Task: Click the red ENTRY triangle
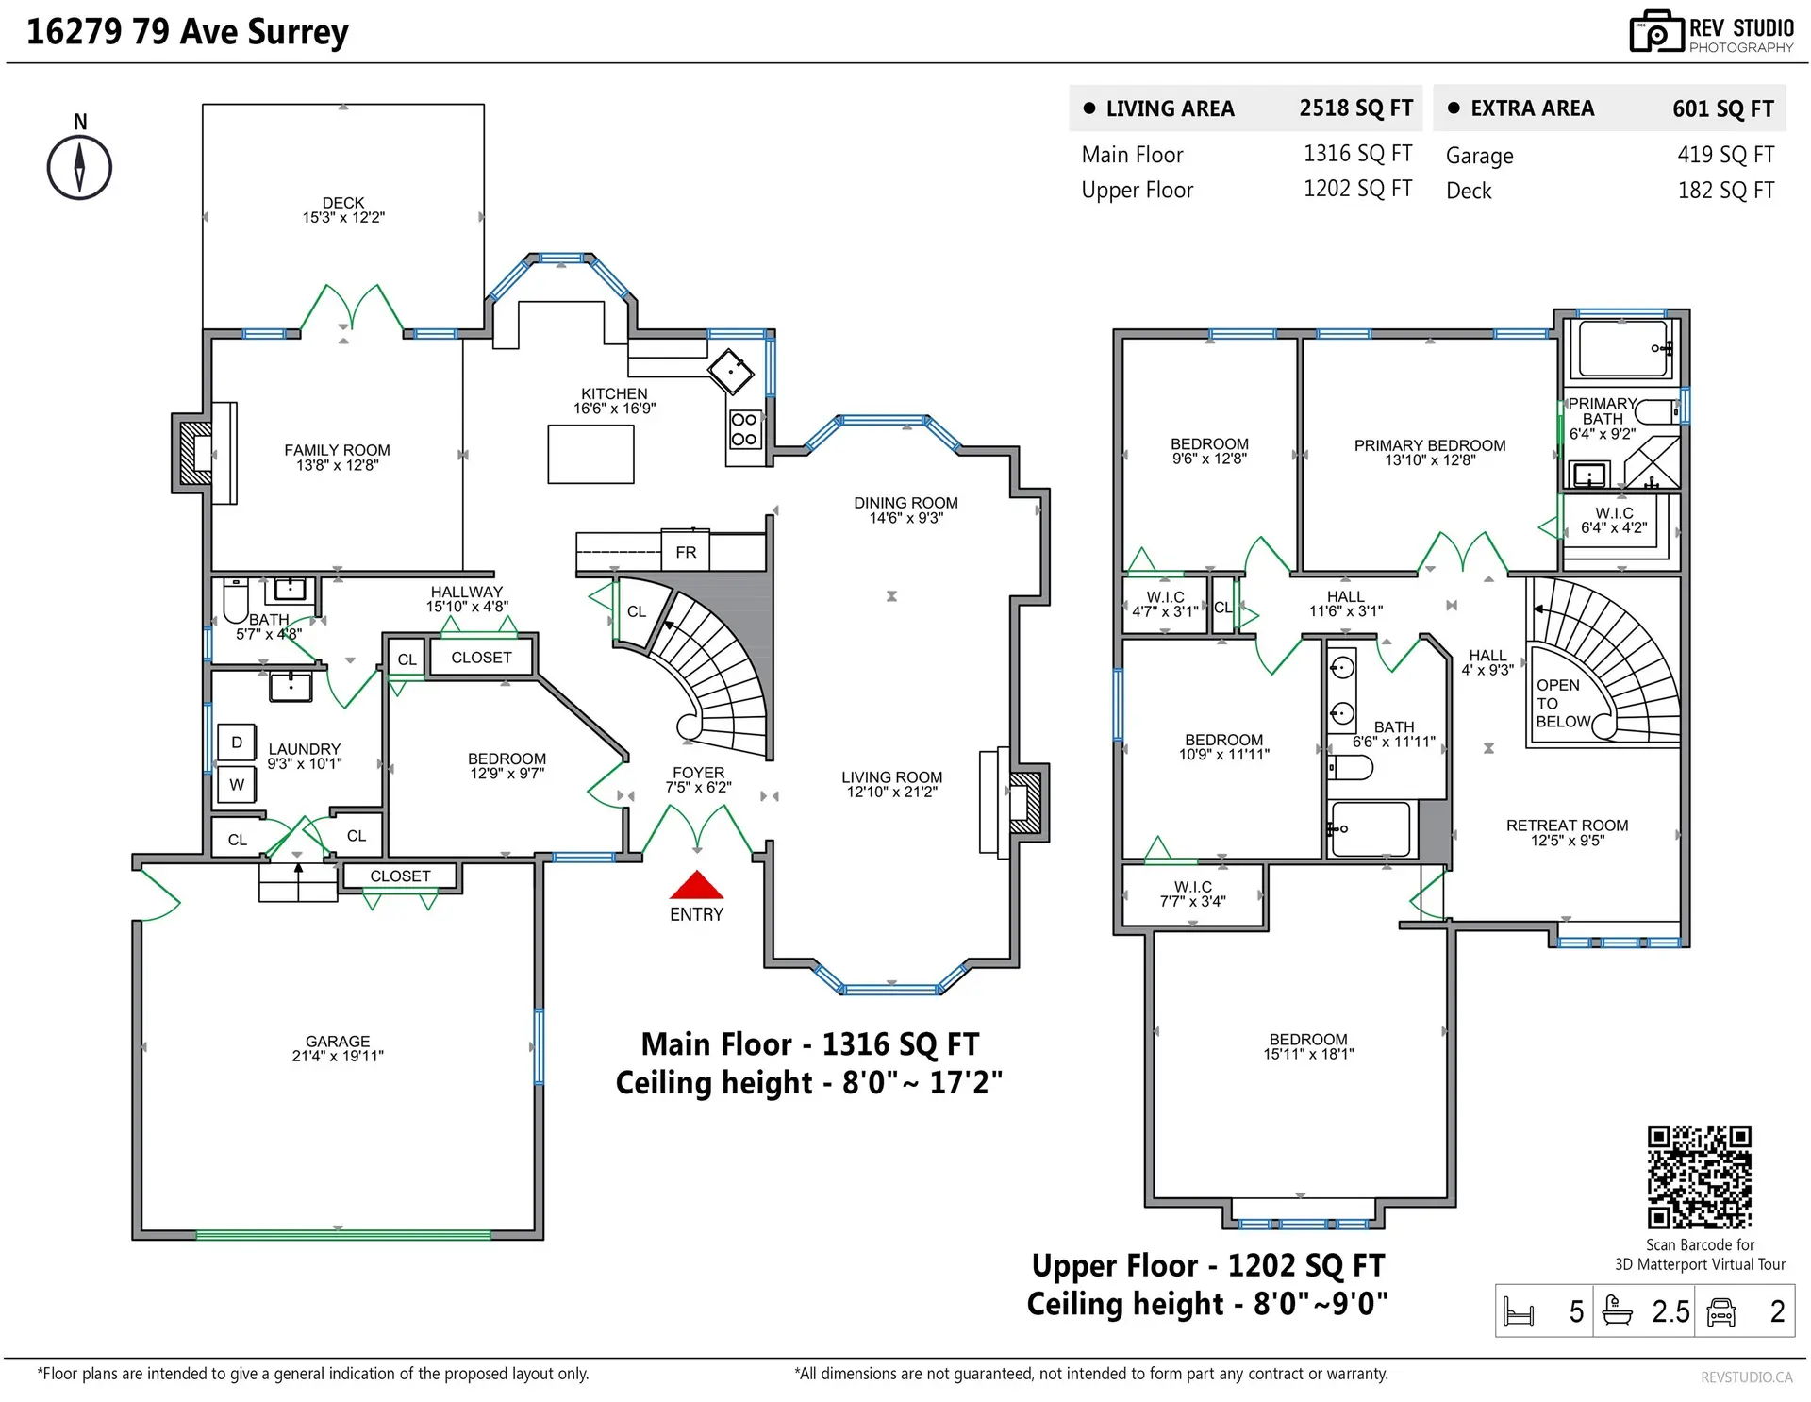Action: tap(696, 885)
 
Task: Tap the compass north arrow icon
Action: tap(79, 168)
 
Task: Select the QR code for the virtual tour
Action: tap(1699, 1177)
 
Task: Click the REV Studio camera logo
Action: tap(1656, 32)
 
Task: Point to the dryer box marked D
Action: tap(236, 743)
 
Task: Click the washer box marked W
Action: tap(236, 784)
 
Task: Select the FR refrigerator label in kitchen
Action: tap(686, 552)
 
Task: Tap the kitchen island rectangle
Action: tap(590, 454)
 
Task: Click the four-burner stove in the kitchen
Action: tap(743, 429)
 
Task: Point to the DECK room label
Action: tap(343, 203)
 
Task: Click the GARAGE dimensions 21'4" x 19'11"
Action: tap(338, 1056)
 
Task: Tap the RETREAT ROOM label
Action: tap(1567, 826)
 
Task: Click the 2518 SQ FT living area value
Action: tap(1355, 108)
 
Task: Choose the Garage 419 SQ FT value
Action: tap(1725, 155)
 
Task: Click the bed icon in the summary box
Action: tap(1519, 1311)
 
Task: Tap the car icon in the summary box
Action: tap(1721, 1311)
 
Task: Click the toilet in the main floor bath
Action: tap(235, 601)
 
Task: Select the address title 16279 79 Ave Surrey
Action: tap(188, 32)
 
